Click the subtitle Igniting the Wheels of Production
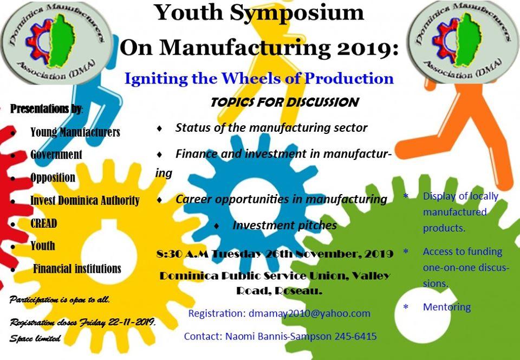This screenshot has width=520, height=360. click(x=259, y=78)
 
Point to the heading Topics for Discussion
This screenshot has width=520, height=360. click(x=284, y=102)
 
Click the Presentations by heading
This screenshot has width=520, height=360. click(x=47, y=108)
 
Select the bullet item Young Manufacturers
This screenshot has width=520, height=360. click(x=75, y=132)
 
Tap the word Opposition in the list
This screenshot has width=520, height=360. click(x=53, y=177)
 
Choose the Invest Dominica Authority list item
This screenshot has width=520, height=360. click(x=85, y=201)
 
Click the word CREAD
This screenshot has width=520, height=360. click(x=44, y=223)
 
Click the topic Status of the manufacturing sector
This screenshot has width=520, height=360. click(x=271, y=128)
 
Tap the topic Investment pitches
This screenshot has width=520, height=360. click(x=284, y=225)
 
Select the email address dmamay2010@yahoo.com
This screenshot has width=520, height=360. click(x=309, y=313)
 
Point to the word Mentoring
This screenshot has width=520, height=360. click(x=447, y=307)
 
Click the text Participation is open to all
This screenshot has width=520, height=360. click(x=60, y=299)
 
